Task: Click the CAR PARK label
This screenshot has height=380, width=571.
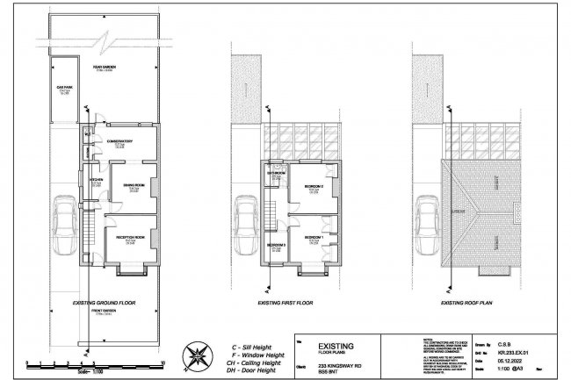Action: click(62, 89)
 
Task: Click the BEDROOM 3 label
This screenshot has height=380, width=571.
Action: click(276, 245)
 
